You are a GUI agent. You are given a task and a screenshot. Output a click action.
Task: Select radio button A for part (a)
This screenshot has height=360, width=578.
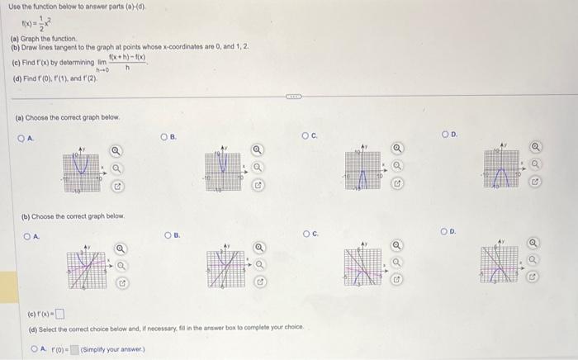pos(25,140)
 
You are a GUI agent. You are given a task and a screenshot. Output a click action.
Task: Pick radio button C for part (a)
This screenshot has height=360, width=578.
pos(305,135)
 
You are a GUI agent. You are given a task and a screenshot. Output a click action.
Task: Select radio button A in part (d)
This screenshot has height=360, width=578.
pos(33,348)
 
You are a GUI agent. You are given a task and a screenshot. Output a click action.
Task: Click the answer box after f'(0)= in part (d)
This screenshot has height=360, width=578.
pos(74,349)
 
